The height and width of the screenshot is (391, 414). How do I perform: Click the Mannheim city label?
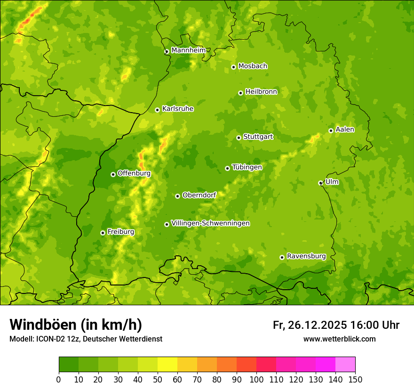coord(188,50)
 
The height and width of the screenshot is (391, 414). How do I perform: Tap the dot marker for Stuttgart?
coord(239,138)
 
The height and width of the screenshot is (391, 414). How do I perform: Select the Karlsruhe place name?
coord(177,109)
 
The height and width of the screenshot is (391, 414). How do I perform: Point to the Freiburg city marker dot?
coord(103,233)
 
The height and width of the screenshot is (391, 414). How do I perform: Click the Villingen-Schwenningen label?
coord(210,223)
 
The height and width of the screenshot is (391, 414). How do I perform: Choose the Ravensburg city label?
coord(306,256)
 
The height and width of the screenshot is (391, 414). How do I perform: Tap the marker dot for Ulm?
coord(320,183)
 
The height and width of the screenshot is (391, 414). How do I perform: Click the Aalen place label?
coord(344,130)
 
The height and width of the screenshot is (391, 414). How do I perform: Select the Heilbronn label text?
coord(261,92)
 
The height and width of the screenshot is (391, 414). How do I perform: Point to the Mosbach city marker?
coord(233,67)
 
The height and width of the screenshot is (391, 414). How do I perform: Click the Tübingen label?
coord(247,167)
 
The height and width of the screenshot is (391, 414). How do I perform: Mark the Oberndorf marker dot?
coord(177,196)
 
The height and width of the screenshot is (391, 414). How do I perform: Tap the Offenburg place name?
coord(134,173)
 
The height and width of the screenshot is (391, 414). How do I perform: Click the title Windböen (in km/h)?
coord(76,325)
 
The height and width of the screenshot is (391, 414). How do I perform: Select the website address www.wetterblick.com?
coord(339,339)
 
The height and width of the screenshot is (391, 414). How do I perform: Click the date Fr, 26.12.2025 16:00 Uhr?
coord(336,325)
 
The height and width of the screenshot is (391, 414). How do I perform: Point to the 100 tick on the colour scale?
coord(256,379)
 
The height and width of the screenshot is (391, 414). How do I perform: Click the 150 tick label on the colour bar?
coord(355,379)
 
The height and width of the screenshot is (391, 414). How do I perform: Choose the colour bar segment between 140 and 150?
coord(345,365)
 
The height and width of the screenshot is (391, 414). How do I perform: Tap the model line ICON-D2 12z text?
coord(86,339)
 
